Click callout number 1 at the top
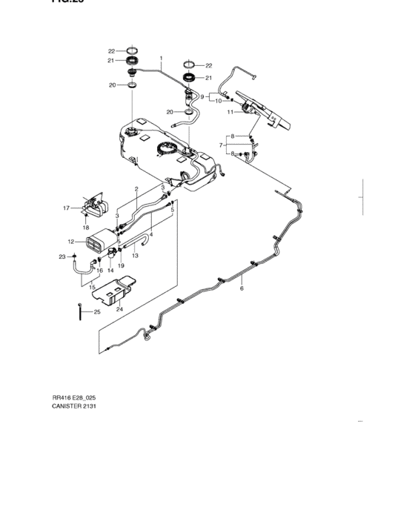tap(161, 57)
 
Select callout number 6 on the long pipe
tap(242, 288)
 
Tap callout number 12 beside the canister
tap(70, 242)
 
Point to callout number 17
tap(65, 208)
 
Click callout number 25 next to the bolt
tap(96, 312)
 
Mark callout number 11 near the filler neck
tap(230, 112)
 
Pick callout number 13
tap(136, 256)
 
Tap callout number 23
tap(63, 257)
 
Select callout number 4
tap(151, 235)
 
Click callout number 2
tap(137, 190)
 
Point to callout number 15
tap(92, 287)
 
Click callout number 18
tap(85, 226)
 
